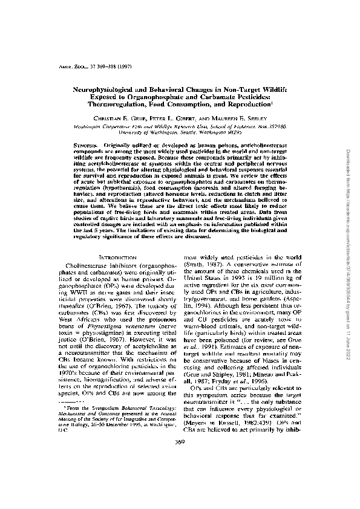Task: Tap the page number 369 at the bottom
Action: coord(180,475)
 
